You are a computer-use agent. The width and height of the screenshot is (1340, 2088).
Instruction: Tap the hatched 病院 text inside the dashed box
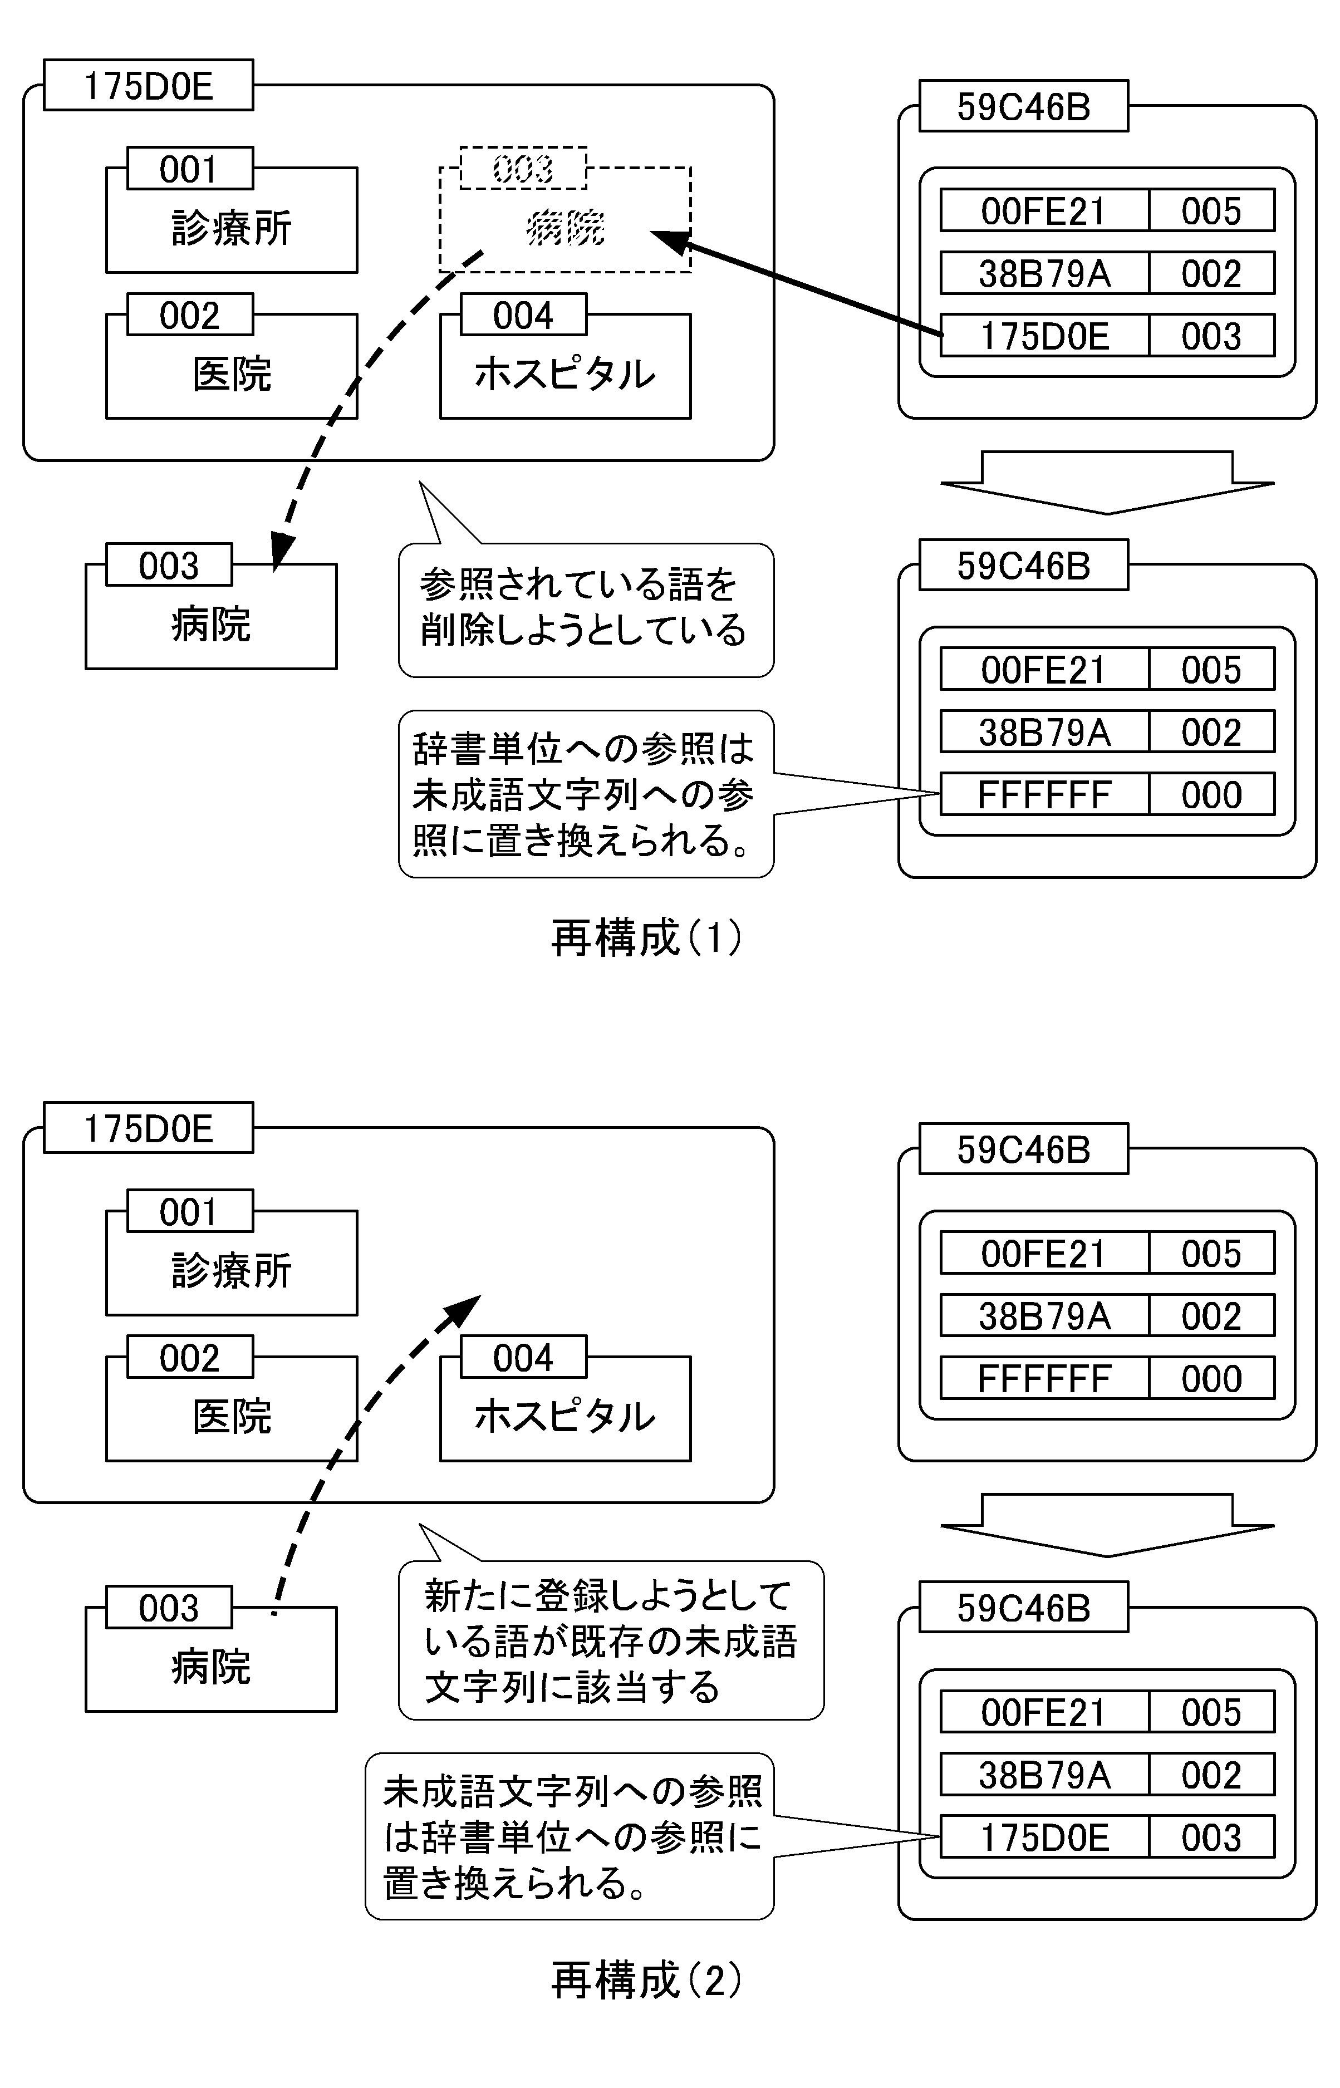coord(566,229)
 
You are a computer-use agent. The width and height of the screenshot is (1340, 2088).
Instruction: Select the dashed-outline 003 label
coord(523,168)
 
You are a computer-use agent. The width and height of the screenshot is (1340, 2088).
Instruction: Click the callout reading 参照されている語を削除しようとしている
coord(585,609)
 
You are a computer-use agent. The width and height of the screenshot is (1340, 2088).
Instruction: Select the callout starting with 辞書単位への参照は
coord(585,793)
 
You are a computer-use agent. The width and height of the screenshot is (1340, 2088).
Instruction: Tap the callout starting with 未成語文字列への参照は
coord(570,1836)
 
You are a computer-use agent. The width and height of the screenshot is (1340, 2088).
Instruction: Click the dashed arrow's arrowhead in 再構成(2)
coord(465,1310)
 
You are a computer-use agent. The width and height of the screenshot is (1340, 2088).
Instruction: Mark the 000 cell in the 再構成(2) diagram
coord(1211,1379)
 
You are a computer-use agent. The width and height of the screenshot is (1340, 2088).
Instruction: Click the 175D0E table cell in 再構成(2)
coord(1044,1838)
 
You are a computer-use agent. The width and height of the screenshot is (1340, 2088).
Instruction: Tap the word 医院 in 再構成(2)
coord(232,1416)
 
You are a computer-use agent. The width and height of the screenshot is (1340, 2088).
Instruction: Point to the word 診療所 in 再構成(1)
coord(232,229)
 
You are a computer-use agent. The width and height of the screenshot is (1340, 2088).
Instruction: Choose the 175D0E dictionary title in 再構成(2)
coord(148,1128)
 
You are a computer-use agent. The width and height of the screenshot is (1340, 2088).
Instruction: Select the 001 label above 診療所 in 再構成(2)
coord(189,1212)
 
